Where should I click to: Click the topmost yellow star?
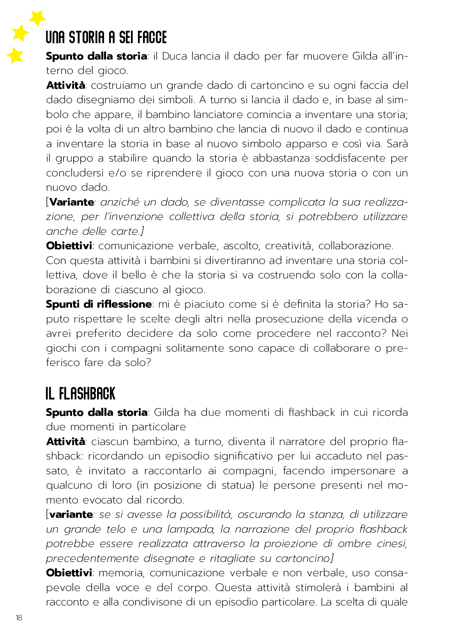tap(38, 18)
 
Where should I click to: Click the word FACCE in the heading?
tap(152, 38)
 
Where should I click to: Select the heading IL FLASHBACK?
tap(81, 394)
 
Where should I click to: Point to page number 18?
tap(19, 618)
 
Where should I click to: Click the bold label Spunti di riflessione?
tap(99, 304)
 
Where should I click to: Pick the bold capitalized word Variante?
tap(72, 202)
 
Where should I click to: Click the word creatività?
tap(288, 246)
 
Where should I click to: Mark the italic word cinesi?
tap(392, 544)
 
